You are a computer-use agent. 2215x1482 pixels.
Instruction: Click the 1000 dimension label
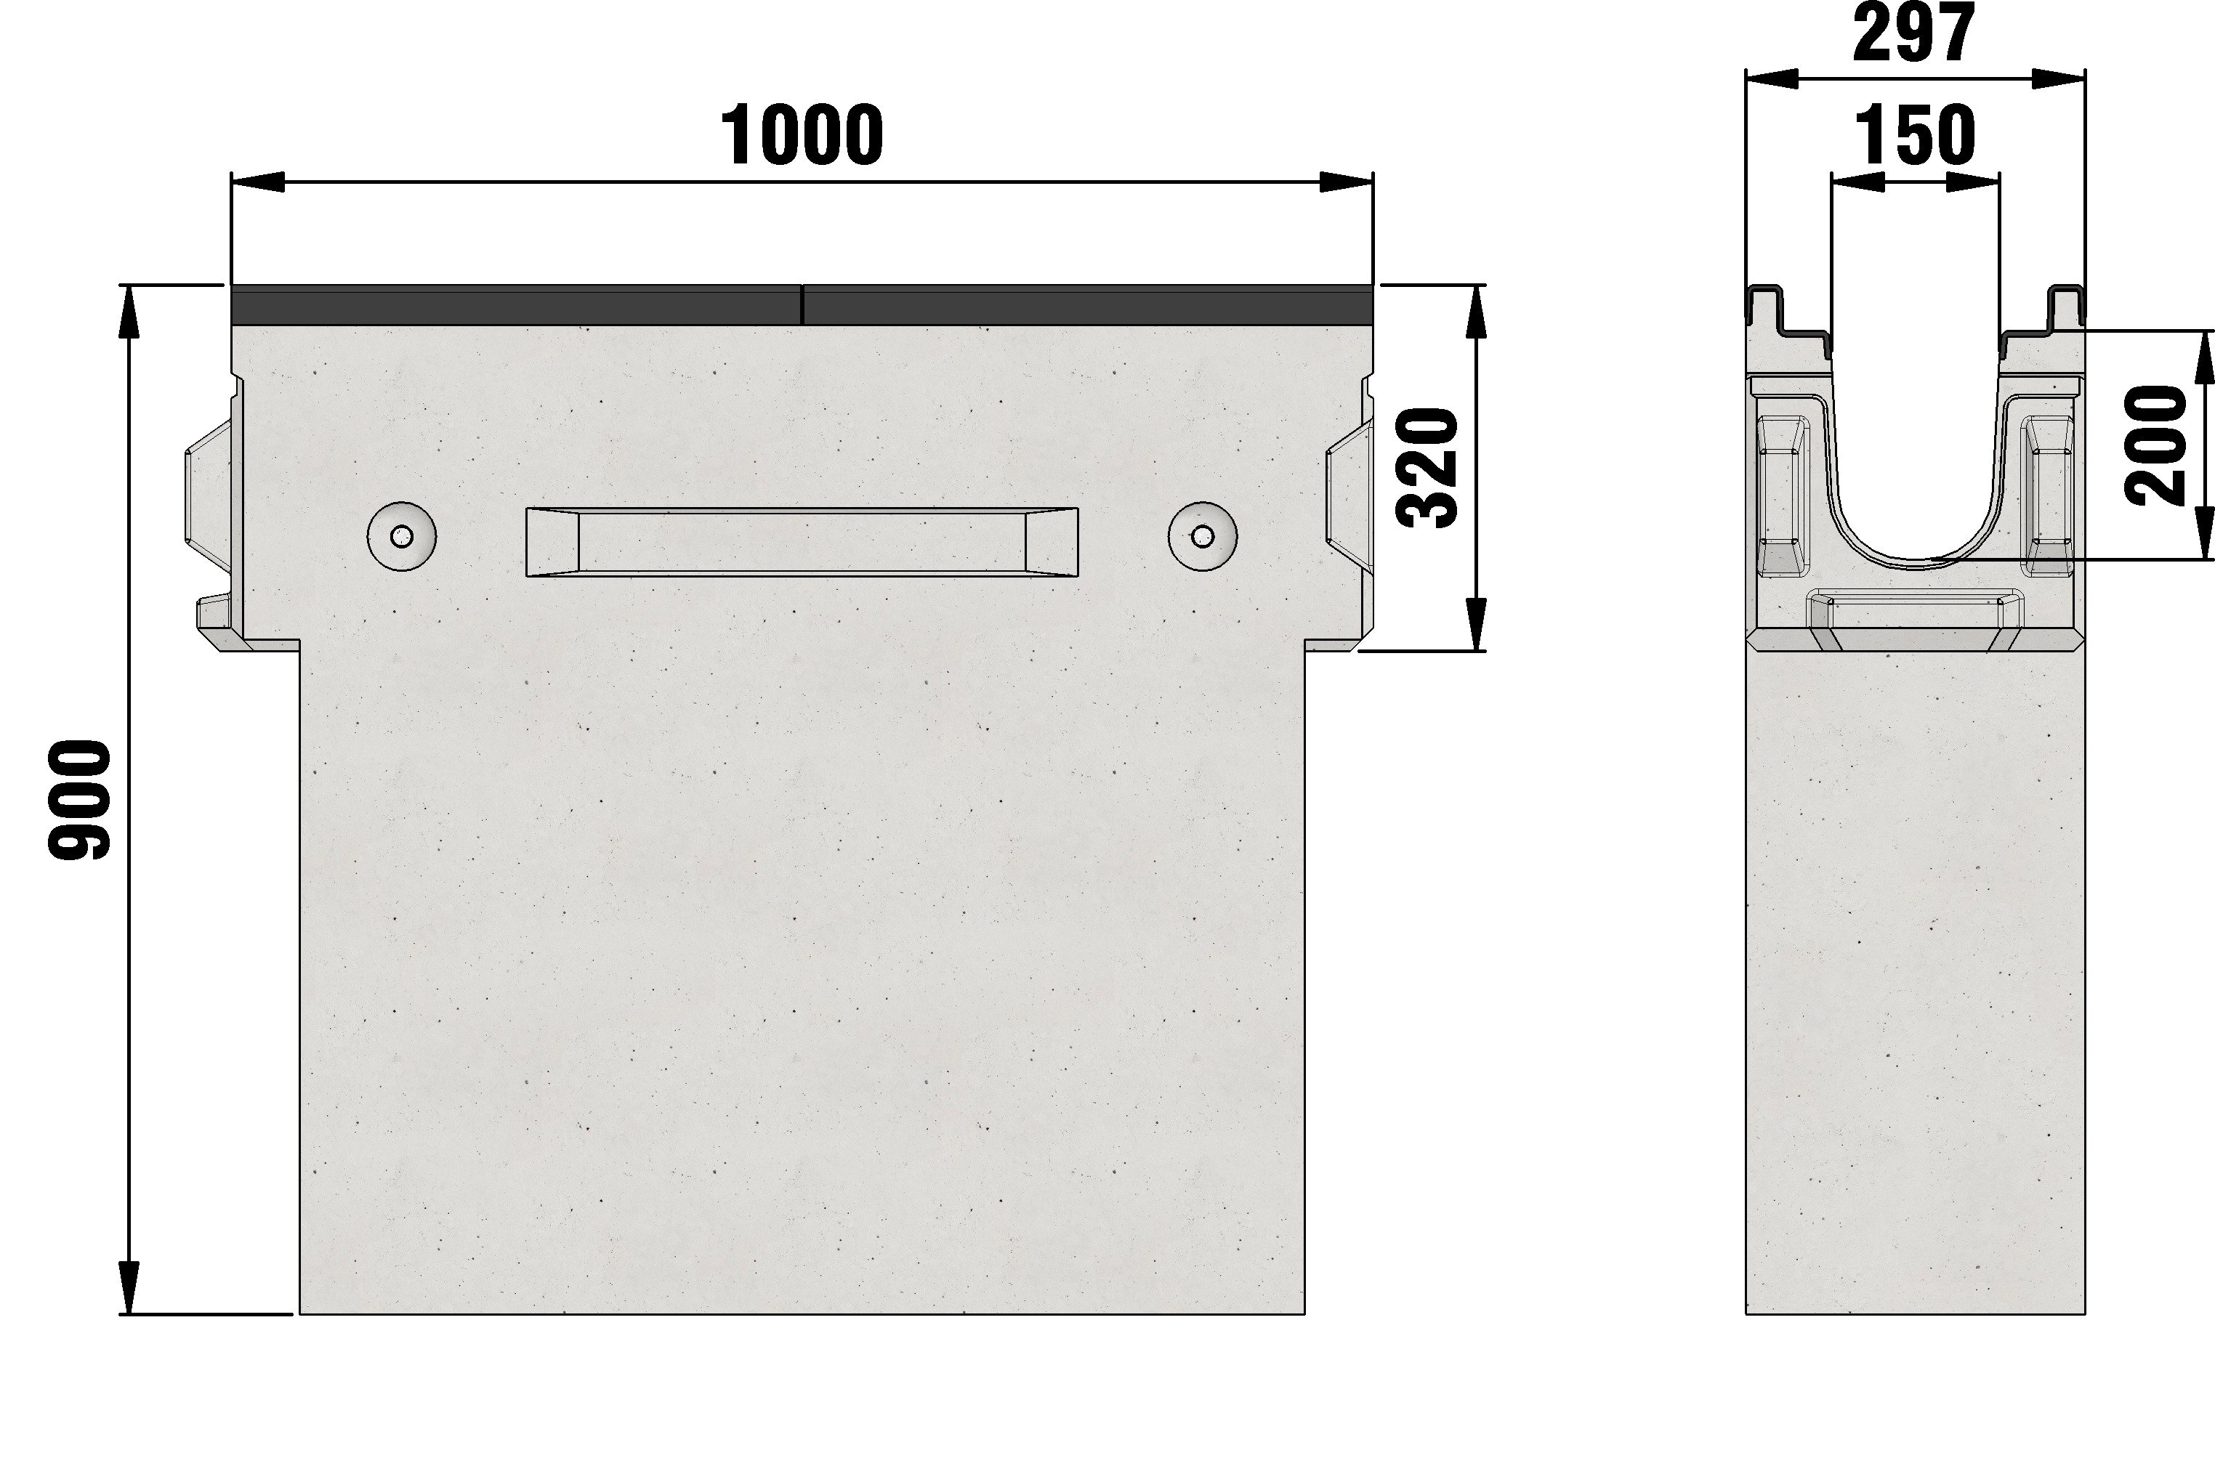click(x=802, y=135)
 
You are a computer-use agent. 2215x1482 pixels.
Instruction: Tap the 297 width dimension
click(x=1914, y=34)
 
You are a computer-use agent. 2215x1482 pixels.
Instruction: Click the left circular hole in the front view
click(x=402, y=537)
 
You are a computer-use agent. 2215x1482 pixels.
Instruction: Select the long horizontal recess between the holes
click(x=802, y=541)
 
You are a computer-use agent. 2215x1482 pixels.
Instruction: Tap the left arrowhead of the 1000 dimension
click(x=258, y=182)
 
